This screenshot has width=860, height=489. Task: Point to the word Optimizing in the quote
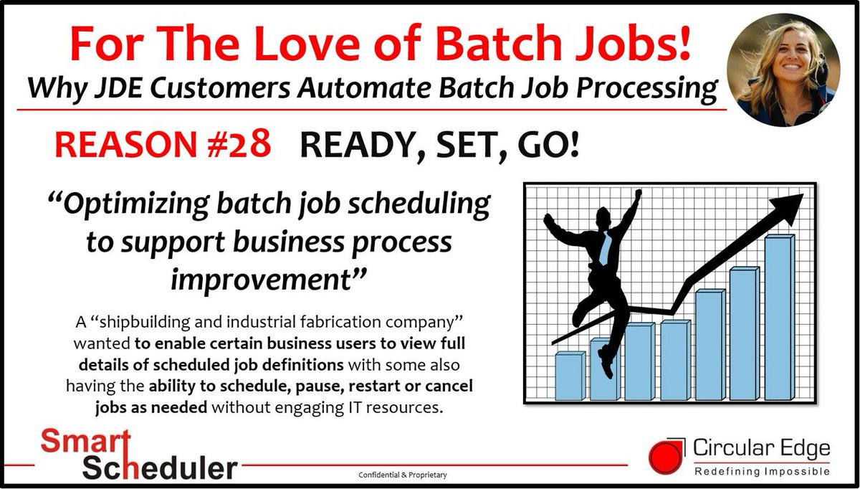133,205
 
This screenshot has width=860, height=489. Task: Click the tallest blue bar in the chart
779,318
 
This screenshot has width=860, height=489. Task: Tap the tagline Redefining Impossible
762,470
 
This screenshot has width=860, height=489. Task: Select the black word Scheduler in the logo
159,467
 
